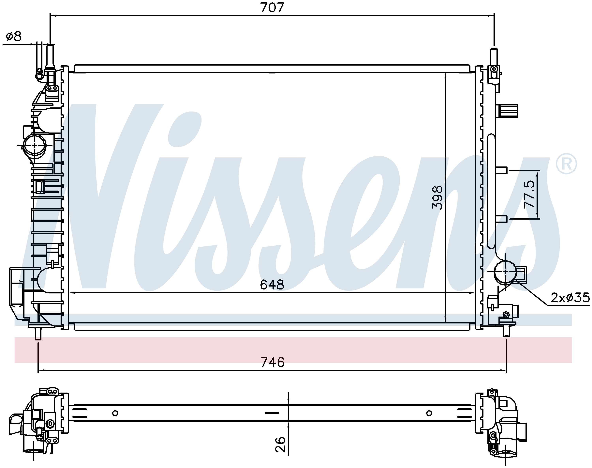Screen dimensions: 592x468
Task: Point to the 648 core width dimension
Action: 272,285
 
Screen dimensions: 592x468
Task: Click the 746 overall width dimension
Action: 273,362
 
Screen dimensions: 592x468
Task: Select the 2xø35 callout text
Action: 570,298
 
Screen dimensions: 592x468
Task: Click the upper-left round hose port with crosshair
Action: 35,145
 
